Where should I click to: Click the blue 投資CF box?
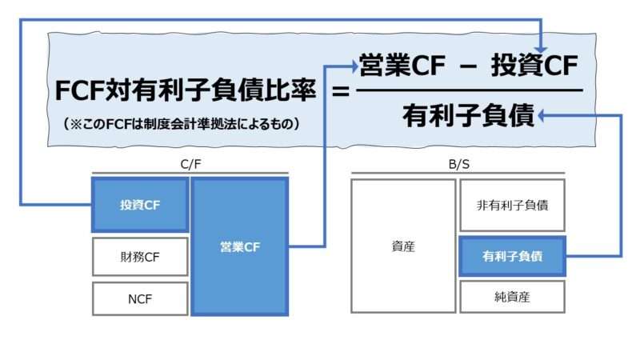[x=141, y=205]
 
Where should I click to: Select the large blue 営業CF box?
[x=240, y=246]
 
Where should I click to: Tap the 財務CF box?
[x=141, y=257]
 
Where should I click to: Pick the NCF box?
[x=141, y=299]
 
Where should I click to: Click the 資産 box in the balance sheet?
[x=403, y=246]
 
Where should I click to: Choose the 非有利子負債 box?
[x=512, y=205]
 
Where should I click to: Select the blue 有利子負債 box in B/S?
[x=512, y=257]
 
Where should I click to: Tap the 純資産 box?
[x=512, y=297]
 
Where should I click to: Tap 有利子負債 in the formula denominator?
[x=468, y=117]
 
